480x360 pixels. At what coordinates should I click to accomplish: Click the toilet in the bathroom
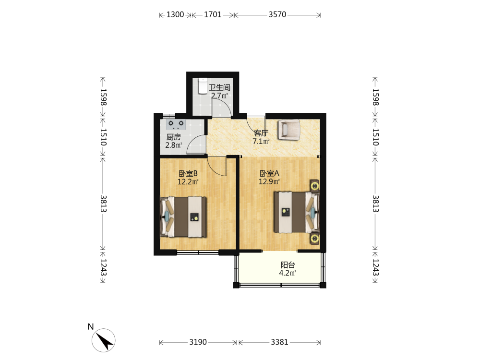pos(203,86)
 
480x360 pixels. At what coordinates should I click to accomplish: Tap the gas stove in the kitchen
pos(176,124)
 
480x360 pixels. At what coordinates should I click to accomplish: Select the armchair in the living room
pos(288,130)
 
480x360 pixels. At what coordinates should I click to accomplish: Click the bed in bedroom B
pos(183,217)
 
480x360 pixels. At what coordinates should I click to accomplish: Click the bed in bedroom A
pos(297,212)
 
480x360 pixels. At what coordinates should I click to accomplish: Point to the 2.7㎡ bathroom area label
pos(219,96)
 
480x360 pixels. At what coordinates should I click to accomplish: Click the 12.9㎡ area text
pos(269,181)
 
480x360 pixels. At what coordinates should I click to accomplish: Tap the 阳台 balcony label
pos(288,265)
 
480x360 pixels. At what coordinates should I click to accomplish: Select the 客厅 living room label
pos(261,133)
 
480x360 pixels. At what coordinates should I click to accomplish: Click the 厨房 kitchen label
pos(174,137)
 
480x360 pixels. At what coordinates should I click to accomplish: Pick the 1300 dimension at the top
pos(175,14)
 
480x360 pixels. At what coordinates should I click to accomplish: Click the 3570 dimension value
pos(277,14)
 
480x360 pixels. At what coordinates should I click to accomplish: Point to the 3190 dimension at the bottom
pos(198,342)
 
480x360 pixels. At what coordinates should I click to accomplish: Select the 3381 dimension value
pos(279,342)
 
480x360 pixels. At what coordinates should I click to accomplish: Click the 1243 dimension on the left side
pos(103,267)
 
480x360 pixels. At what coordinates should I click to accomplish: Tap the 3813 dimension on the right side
pos(376,204)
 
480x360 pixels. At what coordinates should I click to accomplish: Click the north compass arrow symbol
pos(104,340)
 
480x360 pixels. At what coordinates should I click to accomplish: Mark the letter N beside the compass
pos(91,326)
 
